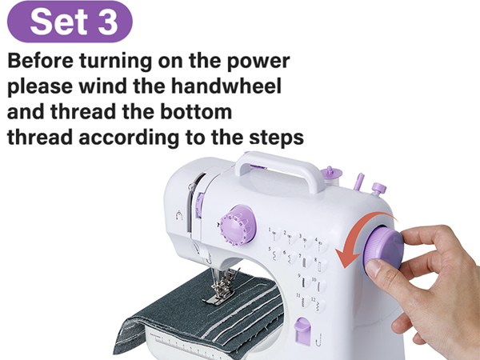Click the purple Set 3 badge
point(74,22)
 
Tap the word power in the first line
point(259,62)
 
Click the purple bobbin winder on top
point(326,174)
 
